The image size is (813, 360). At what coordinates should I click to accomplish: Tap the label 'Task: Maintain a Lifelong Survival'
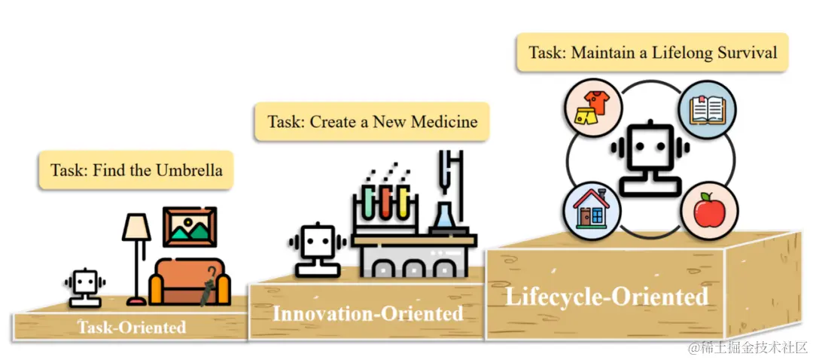click(652, 53)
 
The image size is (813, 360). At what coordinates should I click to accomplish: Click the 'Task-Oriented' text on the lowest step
click(132, 328)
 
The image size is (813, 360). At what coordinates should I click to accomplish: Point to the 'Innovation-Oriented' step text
click(367, 312)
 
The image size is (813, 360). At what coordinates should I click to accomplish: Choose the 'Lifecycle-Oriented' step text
click(606, 296)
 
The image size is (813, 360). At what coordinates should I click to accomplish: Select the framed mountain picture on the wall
click(190, 228)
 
